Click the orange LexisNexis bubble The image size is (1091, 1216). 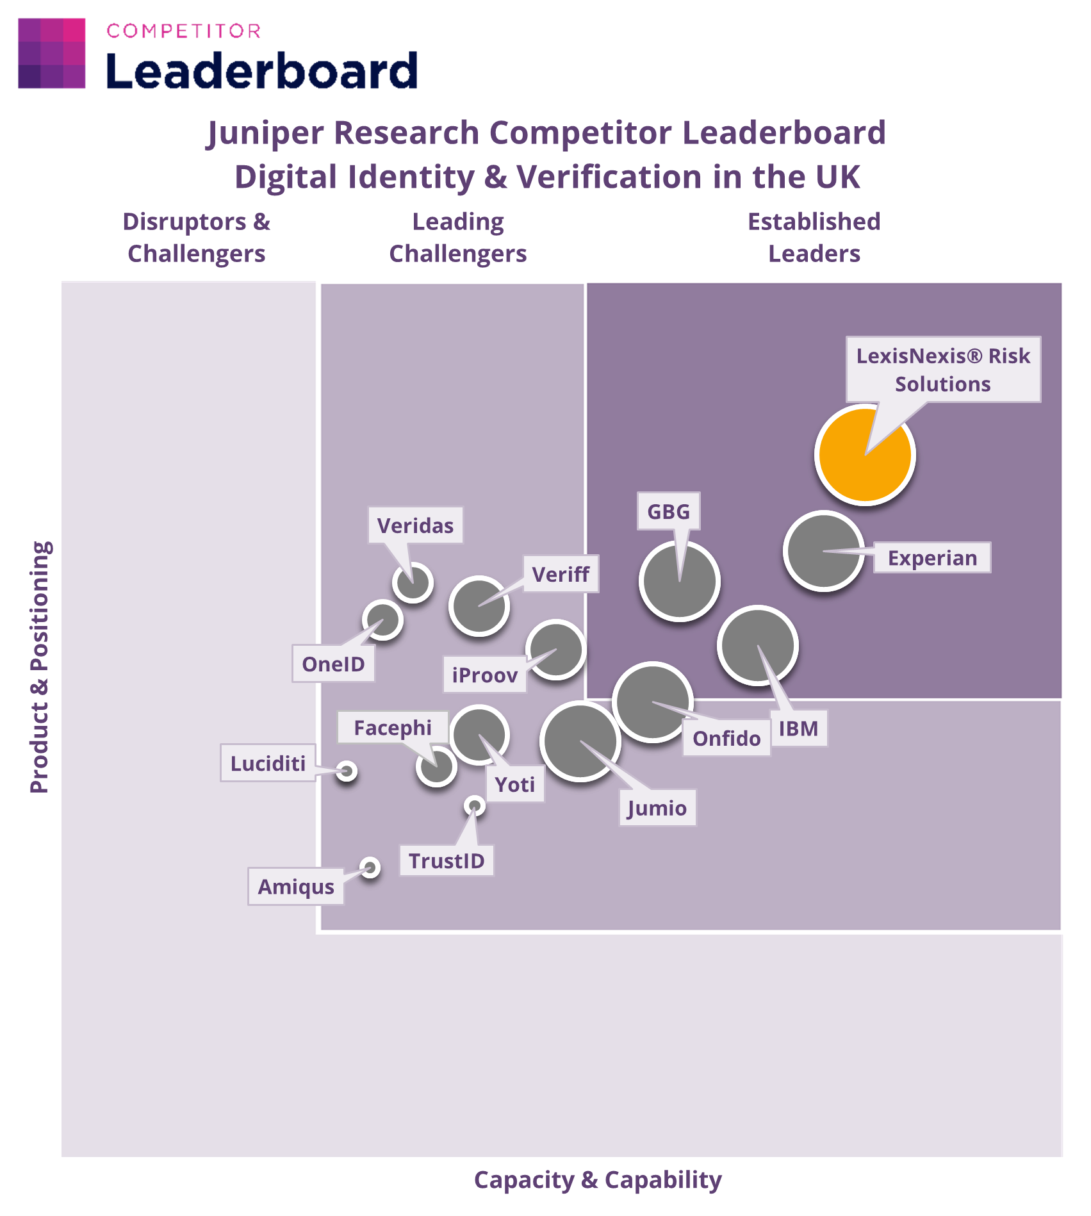pyautogui.click(x=865, y=455)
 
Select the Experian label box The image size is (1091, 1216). pyautogui.click(x=932, y=558)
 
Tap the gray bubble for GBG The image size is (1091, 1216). pyautogui.click(x=679, y=581)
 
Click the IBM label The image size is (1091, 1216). pyautogui.click(x=798, y=728)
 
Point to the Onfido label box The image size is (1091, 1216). pyautogui.click(x=726, y=738)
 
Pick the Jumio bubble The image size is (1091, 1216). pyautogui.click(x=580, y=741)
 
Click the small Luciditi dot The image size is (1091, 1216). pyautogui.click(x=347, y=771)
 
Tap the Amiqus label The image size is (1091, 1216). pyautogui.click(x=296, y=887)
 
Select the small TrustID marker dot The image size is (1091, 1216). pyautogui.click(x=474, y=806)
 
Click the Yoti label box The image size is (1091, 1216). pyautogui.click(x=515, y=784)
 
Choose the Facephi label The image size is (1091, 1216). pyautogui.click(x=393, y=728)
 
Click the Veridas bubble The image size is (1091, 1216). pyautogui.click(x=413, y=582)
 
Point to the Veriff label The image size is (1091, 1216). pyautogui.click(x=561, y=574)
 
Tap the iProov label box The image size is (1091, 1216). pyautogui.click(x=485, y=675)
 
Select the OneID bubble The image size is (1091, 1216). pyautogui.click(x=382, y=620)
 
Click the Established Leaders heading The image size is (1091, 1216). pyautogui.click(x=814, y=238)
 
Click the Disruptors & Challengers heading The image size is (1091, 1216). pyautogui.click(x=197, y=238)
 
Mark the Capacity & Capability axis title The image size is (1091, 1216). pyautogui.click(x=598, y=1179)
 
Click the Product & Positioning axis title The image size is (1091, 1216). pyautogui.click(x=40, y=667)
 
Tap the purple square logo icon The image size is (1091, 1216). pyautogui.click(x=52, y=53)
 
